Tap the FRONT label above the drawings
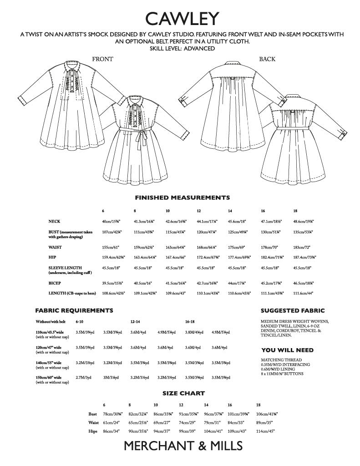pyautogui.click(x=102, y=59)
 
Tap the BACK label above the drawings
pyautogui.click(x=267, y=59)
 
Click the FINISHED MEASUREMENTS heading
pyautogui.click(x=182, y=198)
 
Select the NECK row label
pyautogui.click(x=55, y=221)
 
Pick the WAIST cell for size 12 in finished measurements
pyautogui.click(x=205, y=248)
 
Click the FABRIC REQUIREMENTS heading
pyautogui.click(x=74, y=311)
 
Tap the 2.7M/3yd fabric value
pyautogui.click(x=85, y=377)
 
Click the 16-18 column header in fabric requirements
pyautogui.click(x=190, y=321)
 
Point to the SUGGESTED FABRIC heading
pyautogui.click(x=293, y=311)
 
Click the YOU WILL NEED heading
pyautogui.click(x=288, y=350)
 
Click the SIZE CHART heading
pyautogui.click(x=183, y=393)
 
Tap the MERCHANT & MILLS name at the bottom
pyautogui.click(x=183, y=446)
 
